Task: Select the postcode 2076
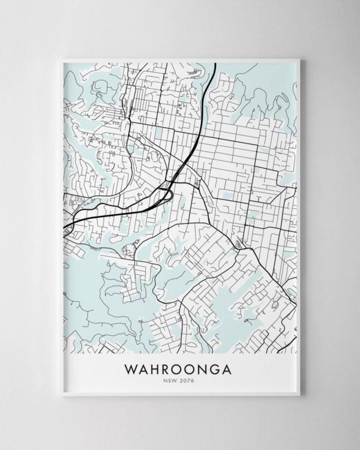coord(188,380)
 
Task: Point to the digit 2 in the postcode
coord(184,380)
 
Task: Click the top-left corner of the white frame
coord(61,59)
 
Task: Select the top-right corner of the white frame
coord(299,59)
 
